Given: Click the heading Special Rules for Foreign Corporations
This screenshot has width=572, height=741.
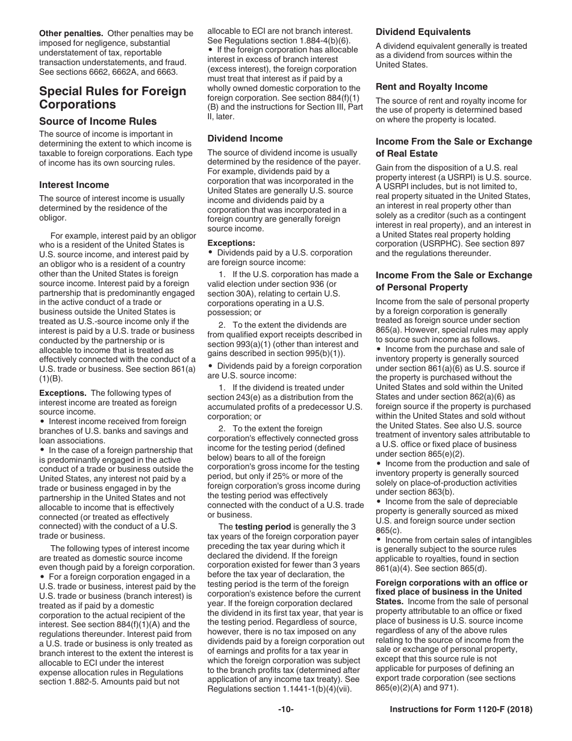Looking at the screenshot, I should coord(113,98).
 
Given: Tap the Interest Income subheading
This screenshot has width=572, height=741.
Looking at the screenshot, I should coord(74,185).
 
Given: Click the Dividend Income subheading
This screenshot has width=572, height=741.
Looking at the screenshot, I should coord(244,139).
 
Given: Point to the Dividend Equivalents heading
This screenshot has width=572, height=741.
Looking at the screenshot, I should coord(423,32).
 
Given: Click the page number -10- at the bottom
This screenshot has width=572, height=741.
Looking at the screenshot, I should coord(285,710).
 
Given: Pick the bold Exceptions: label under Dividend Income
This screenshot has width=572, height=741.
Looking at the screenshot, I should coord(231,243).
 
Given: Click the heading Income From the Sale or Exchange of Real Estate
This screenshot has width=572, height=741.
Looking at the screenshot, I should coord(453,148).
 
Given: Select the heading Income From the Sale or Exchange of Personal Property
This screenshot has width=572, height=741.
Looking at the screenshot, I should coord(453,281).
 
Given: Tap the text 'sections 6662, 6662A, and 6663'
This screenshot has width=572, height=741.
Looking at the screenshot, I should coord(116,72).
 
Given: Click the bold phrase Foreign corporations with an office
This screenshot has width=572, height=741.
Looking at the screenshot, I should coord(451,583).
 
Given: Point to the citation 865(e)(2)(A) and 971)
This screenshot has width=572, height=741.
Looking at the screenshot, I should coord(415,688).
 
